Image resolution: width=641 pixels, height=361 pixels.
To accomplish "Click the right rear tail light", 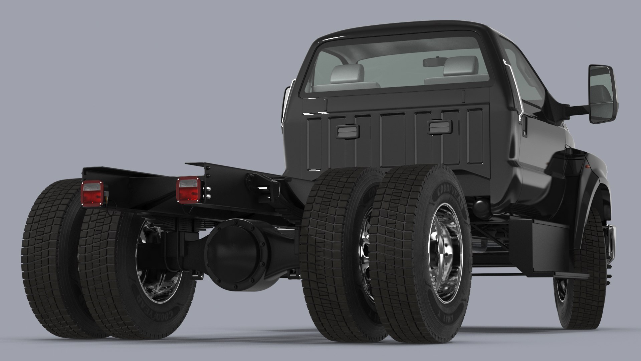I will click(188, 190).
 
